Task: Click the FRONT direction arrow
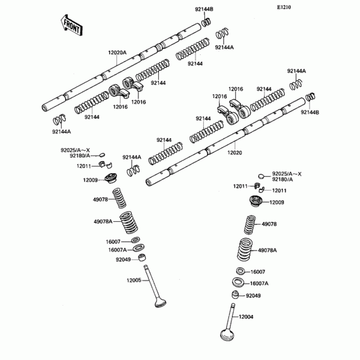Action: tap(70, 26)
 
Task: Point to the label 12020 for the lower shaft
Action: tap(234, 153)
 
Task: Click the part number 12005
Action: tap(135, 280)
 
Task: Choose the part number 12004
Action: tap(246, 317)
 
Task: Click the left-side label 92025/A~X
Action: tap(76, 150)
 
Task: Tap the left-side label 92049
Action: tap(123, 259)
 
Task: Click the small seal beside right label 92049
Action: tap(235, 296)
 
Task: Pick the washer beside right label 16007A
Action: tap(238, 283)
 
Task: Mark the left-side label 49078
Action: tap(100, 199)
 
